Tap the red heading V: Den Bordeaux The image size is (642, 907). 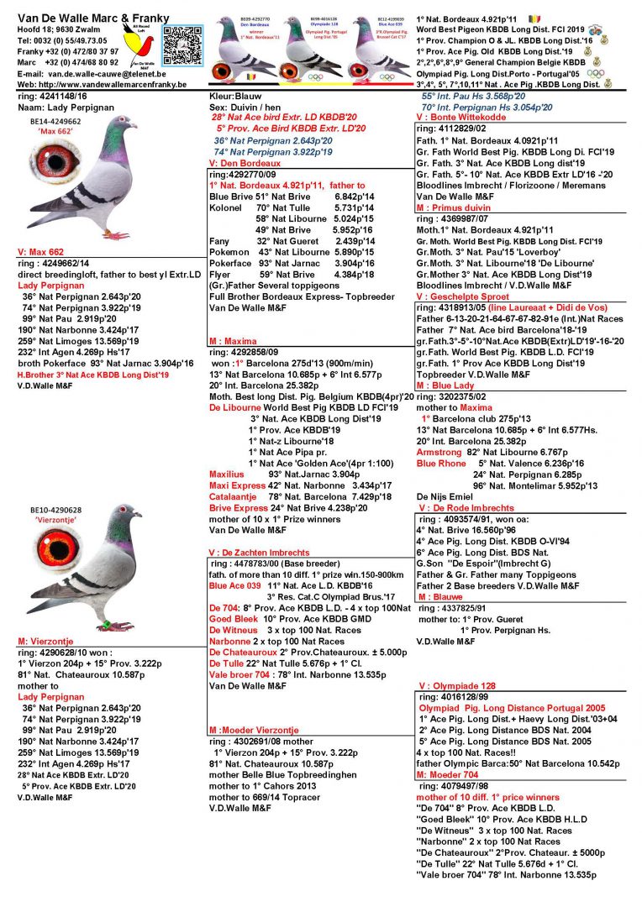239,162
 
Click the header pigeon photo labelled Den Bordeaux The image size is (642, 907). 244,46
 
